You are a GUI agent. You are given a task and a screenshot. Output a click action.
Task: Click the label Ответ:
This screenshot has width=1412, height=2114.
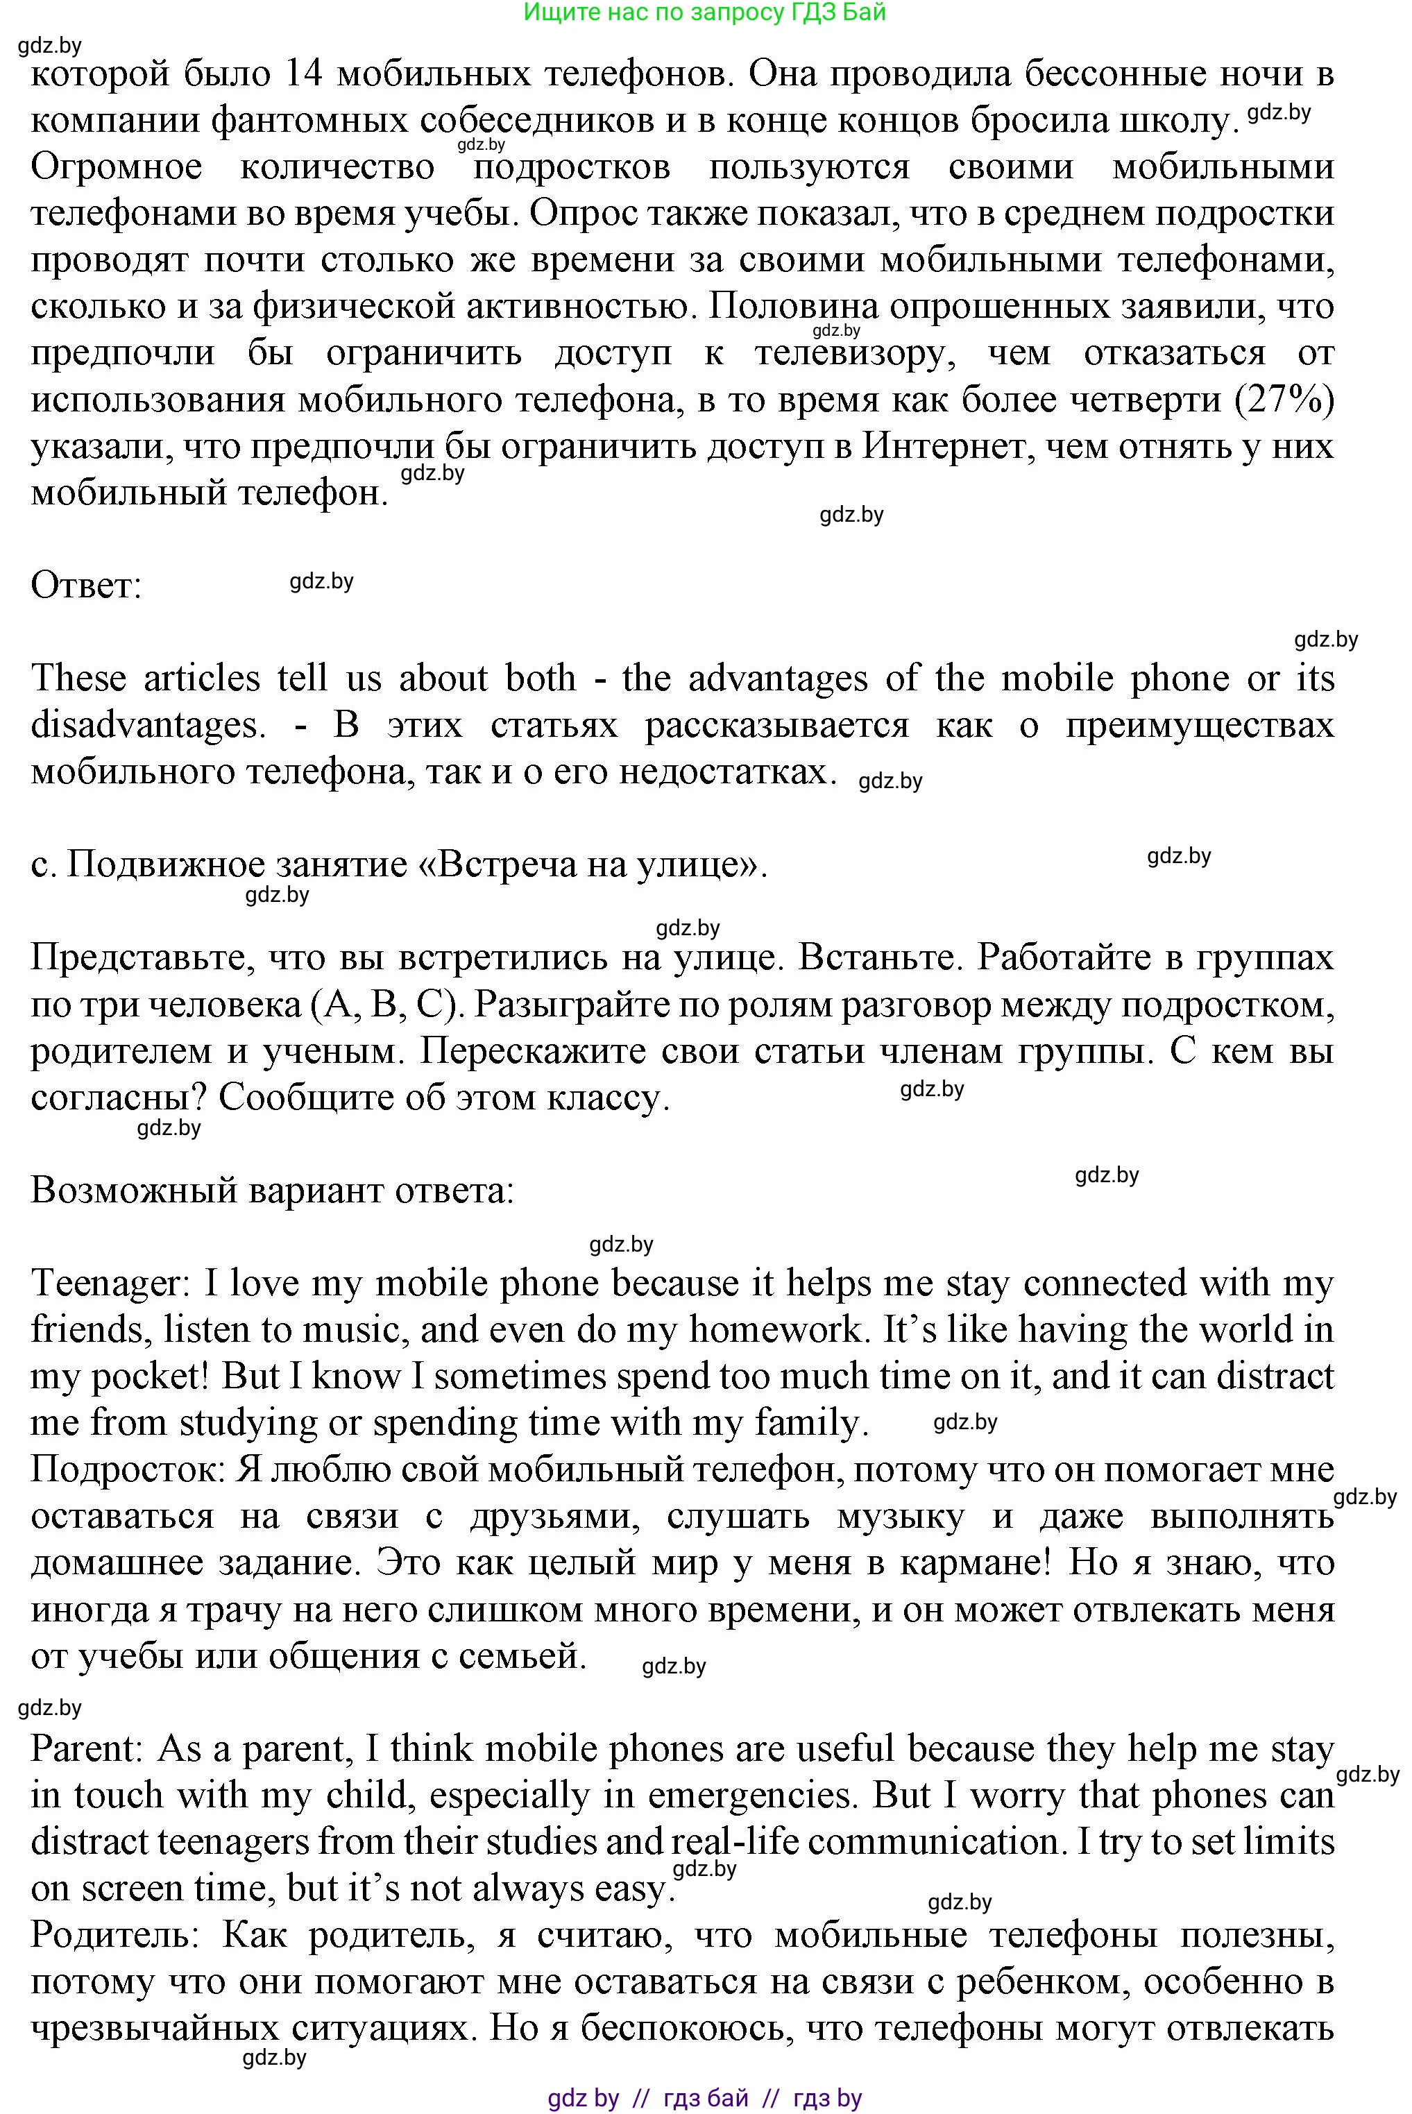pos(87,587)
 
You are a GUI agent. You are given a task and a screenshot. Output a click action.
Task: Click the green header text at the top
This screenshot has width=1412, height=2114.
pos(704,12)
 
